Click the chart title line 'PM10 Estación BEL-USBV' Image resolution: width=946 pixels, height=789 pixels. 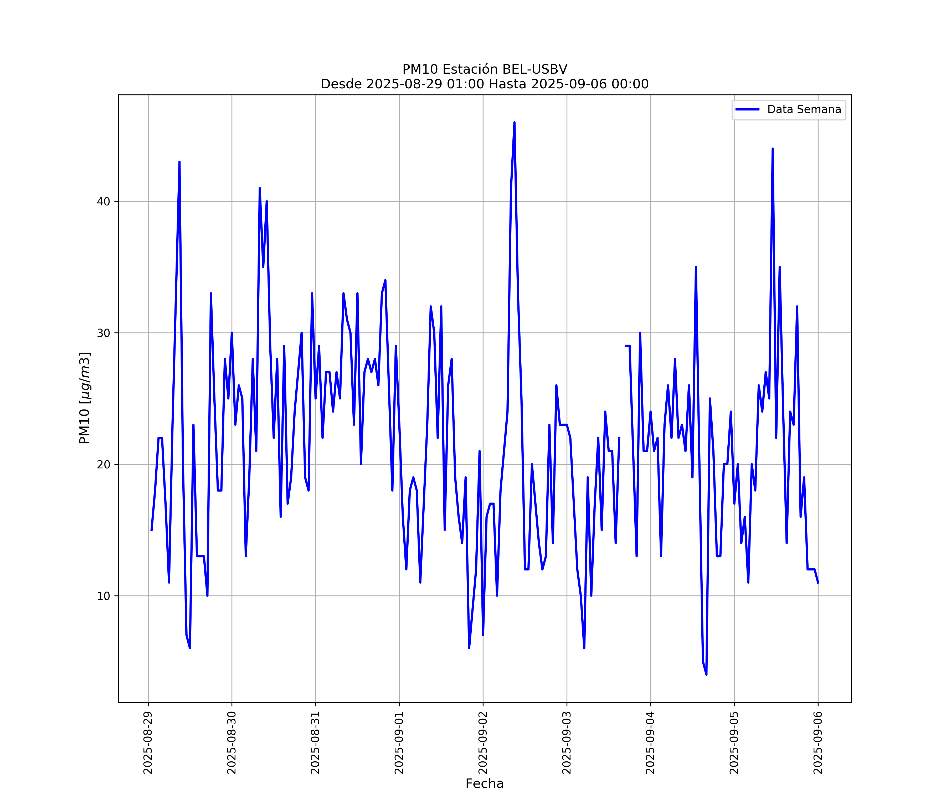pos(485,69)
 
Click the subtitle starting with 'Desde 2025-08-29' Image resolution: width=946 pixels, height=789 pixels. pos(485,84)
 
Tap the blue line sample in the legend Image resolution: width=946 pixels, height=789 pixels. pos(747,110)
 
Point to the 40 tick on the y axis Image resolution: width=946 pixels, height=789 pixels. pos(104,201)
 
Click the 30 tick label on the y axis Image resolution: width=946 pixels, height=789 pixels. pos(104,333)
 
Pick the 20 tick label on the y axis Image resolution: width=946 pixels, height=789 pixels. pos(104,464)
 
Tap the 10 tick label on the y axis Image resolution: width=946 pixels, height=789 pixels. pos(104,596)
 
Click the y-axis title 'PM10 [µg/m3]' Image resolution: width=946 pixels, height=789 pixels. pos(85,398)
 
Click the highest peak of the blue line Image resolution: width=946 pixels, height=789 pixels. pos(515,122)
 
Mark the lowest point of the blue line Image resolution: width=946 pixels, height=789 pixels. pos(706,675)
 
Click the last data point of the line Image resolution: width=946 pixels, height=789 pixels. pos(818,583)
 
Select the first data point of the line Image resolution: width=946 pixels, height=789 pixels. pos(151,530)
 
